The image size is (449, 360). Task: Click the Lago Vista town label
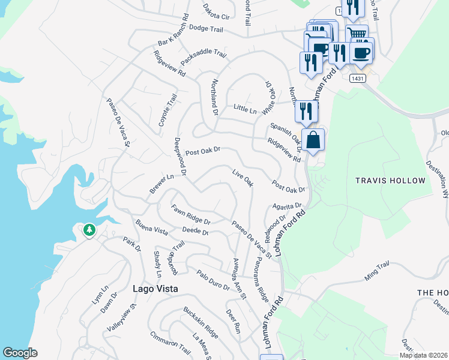(155, 289)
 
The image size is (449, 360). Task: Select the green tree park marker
(89, 230)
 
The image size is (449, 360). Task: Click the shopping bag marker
(313, 141)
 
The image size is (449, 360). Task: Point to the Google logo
(20, 353)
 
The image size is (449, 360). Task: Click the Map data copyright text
(424, 355)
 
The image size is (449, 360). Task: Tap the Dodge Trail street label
(206, 28)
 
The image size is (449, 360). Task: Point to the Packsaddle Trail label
(203, 57)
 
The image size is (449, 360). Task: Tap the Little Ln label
(245, 110)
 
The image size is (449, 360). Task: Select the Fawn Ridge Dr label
(190, 213)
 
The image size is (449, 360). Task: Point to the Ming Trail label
(377, 271)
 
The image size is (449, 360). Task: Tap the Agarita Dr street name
(286, 206)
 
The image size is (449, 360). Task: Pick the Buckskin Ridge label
(200, 322)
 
